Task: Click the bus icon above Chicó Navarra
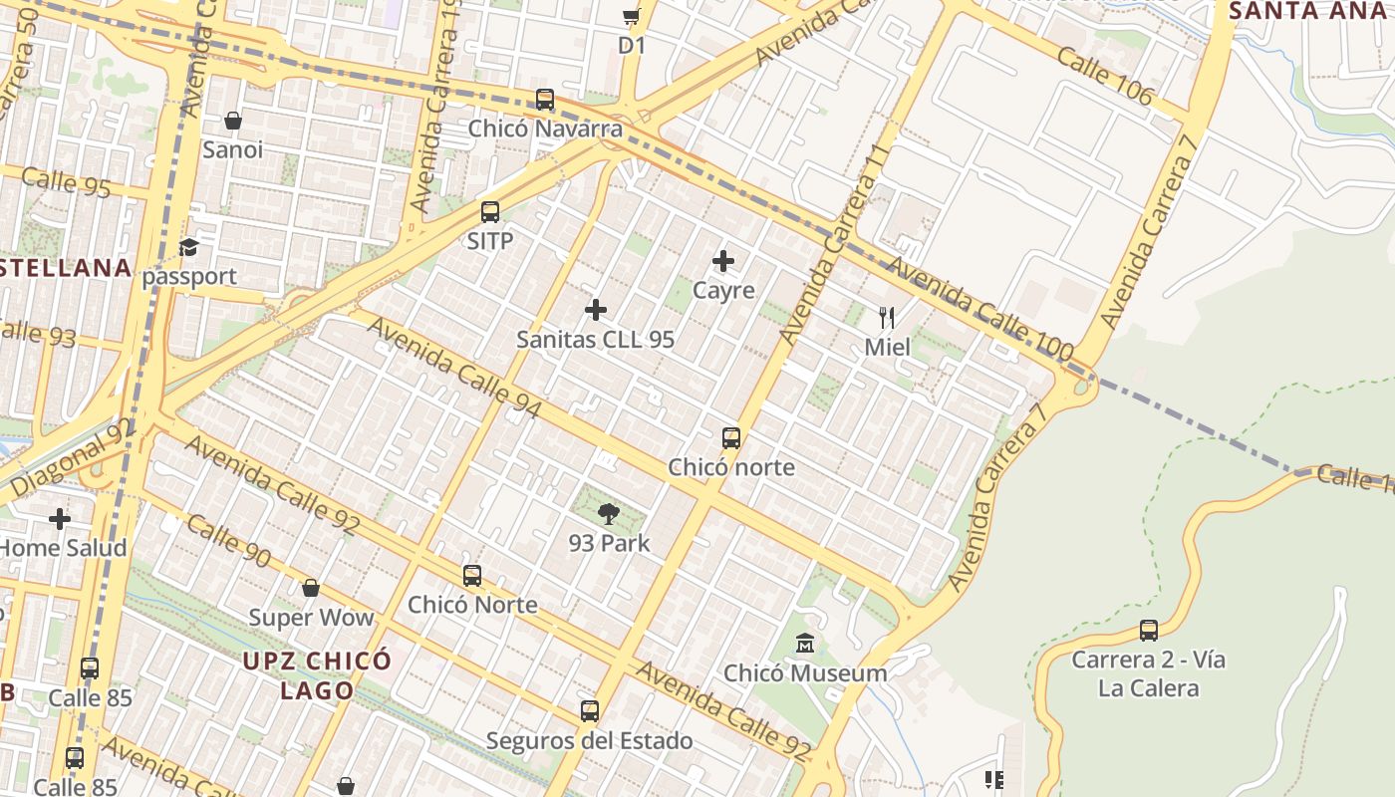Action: click(x=545, y=100)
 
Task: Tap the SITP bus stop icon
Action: click(x=490, y=211)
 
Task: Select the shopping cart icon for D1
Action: click(x=631, y=16)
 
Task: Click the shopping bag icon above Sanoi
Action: click(x=233, y=121)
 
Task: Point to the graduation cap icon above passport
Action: click(x=188, y=247)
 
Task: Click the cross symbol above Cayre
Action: click(x=723, y=261)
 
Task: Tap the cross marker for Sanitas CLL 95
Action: click(x=596, y=310)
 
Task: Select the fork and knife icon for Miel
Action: click(x=887, y=318)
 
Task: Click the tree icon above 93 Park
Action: click(x=609, y=514)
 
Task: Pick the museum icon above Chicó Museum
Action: click(x=805, y=644)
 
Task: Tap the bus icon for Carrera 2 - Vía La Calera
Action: click(x=1149, y=631)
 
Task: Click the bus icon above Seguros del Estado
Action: click(x=590, y=711)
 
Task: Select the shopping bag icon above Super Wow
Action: click(x=311, y=588)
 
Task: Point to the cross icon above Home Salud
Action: click(x=60, y=519)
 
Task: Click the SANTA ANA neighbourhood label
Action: click(x=1307, y=11)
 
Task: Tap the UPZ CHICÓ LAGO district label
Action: click(x=318, y=675)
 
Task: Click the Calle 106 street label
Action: click(x=1105, y=76)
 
